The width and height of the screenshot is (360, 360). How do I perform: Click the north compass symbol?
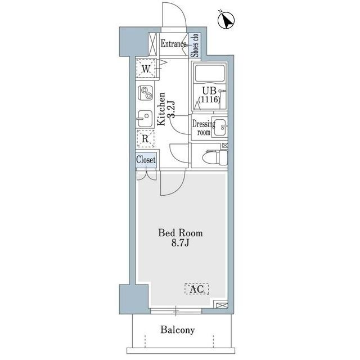[x=226, y=21]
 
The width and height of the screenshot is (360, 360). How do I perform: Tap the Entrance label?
[x=174, y=44]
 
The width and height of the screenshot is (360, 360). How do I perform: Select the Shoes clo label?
[x=195, y=46]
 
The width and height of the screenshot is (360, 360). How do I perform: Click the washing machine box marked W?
[x=146, y=69]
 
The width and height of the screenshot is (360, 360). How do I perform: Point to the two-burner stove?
[x=146, y=92]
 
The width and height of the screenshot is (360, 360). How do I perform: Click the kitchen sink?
[x=145, y=119]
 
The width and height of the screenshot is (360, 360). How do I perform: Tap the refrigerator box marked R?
[x=145, y=138]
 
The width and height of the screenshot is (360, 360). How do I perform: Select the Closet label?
[x=146, y=160]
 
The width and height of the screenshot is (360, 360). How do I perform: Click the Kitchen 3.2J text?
[x=166, y=109]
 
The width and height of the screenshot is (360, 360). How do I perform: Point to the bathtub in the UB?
[x=210, y=73]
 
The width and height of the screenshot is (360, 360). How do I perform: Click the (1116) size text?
[x=209, y=99]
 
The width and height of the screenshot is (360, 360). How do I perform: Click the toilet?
[x=215, y=157]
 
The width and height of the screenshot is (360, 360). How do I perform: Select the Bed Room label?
[x=181, y=233]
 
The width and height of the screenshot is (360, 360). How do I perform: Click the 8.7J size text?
[x=180, y=242]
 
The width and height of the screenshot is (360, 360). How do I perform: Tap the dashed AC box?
[x=197, y=289]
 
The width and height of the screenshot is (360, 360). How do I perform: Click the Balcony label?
[x=178, y=330]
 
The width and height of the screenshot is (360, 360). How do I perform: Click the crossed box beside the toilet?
[x=224, y=145]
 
